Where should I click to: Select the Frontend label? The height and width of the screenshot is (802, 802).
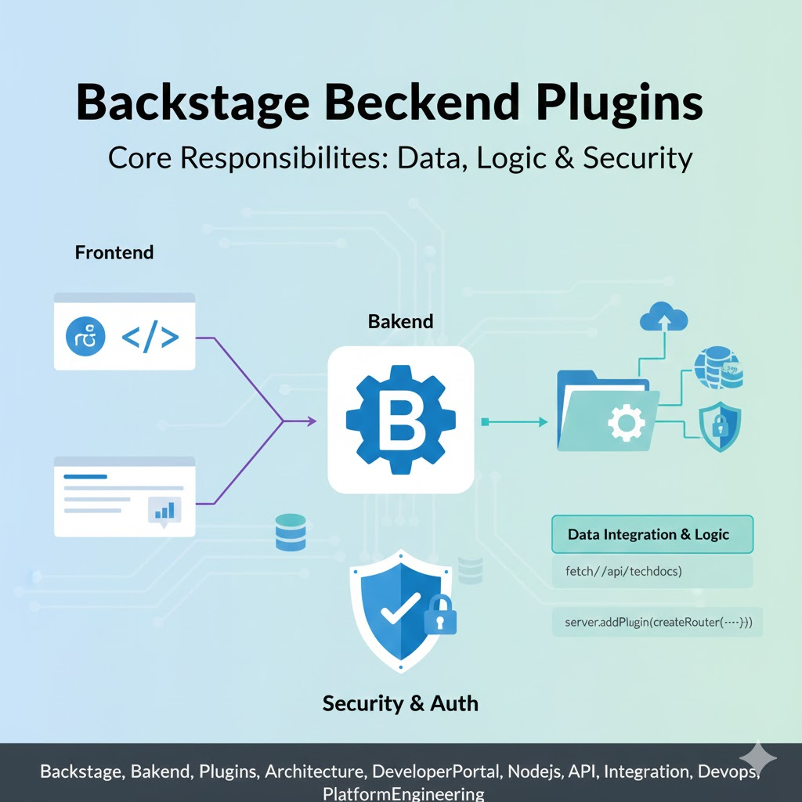coord(114,253)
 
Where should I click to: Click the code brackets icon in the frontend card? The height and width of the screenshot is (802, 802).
coord(150,338)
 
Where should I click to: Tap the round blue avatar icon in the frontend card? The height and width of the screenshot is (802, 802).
coord(85,338)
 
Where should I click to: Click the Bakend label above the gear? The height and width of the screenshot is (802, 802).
coord(400,321)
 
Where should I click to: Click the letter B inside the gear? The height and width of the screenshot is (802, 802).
coord(400,421)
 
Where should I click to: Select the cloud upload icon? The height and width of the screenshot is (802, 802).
coord(663,317)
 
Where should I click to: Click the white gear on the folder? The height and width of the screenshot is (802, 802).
coord(626,424)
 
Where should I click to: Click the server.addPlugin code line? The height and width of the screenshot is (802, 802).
coord(657,623)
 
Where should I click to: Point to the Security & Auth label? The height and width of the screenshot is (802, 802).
coord(400,703)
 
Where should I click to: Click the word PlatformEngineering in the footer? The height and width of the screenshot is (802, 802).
coord(403,793)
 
